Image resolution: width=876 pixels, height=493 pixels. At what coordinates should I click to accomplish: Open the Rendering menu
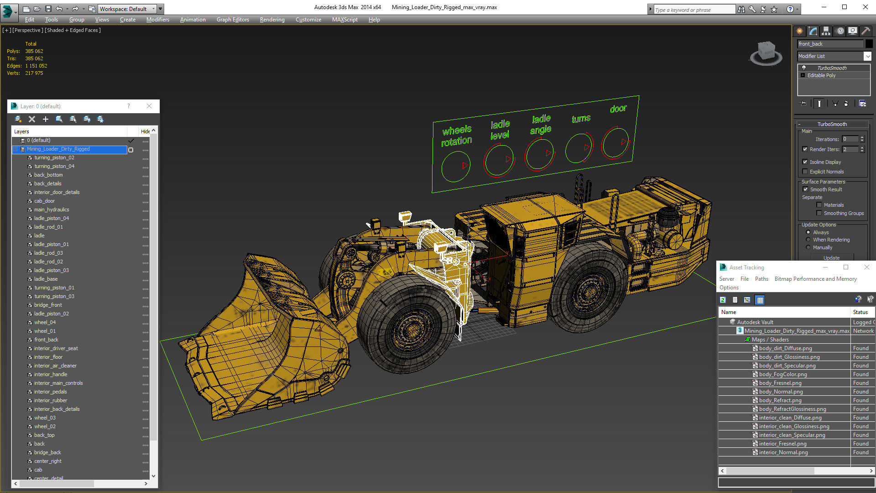click(272, 20)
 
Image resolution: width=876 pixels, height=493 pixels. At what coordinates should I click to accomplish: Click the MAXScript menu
click(344, 20)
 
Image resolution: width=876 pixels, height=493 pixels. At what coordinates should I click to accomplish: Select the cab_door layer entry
click(44, 201)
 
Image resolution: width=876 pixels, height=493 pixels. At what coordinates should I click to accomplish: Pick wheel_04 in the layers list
click(45, 322)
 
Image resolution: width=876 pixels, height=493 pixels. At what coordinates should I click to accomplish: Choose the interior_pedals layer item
click(50, 392)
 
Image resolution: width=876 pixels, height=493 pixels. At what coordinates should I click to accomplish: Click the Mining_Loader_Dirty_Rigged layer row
click(58, 149)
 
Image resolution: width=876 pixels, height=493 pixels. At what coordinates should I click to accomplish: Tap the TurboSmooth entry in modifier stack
click(831, 68)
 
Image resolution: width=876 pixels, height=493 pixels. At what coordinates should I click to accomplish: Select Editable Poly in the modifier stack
click(821, 75)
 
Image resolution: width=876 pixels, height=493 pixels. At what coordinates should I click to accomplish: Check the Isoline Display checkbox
click(805, 162)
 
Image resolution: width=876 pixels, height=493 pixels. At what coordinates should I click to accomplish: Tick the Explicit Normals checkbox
click(805, 172)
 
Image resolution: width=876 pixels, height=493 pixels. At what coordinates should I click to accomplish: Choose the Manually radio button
click(808, 247)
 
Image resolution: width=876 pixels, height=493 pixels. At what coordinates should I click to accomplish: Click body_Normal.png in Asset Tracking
click(781, 392)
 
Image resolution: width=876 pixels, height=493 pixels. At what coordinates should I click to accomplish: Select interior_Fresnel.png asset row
click(782, 444)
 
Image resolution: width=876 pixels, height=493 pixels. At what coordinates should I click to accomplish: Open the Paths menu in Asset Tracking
click(761, 279)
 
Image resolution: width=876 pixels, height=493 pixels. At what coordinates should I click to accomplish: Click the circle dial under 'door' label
click(615, 143)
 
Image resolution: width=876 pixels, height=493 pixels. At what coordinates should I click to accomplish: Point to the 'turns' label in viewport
click(581, 119)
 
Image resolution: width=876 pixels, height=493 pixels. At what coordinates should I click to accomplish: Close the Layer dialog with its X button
click(149, 106)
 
